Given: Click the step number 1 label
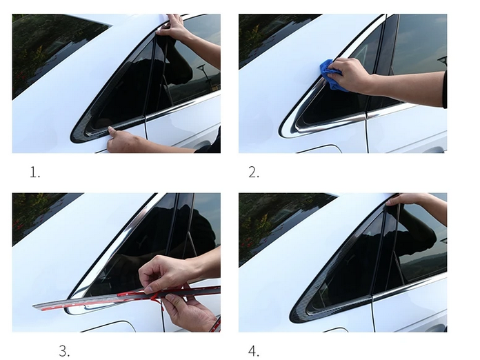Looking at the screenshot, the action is (35, 172).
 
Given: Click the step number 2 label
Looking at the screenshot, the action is (254, 172).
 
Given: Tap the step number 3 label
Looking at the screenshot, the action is (64, 351).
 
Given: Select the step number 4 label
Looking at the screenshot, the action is (254, 351).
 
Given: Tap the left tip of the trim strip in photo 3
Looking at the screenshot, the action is (34, 306).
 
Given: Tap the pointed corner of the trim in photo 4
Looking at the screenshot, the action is (292, 319).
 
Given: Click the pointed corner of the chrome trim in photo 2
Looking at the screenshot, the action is (281, 133).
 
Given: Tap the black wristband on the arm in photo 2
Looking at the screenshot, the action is (445, 90).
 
